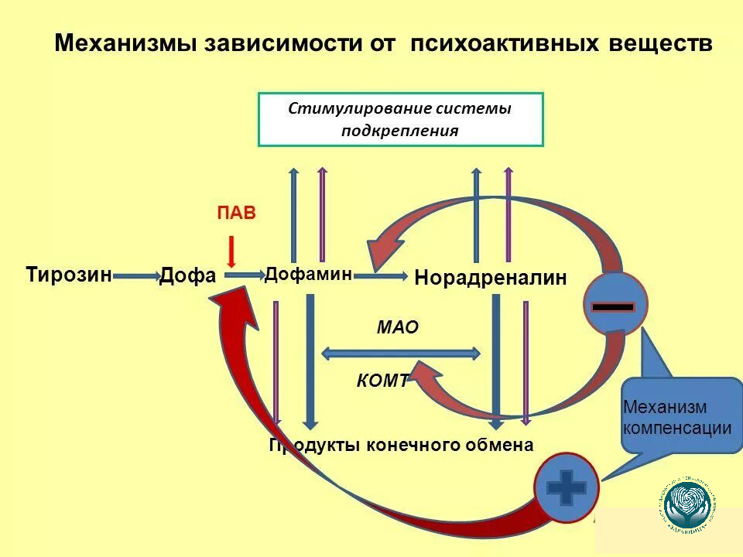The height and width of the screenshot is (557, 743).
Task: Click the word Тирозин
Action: tap(69, 275)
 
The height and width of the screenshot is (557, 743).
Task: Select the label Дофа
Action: tap(187, 275)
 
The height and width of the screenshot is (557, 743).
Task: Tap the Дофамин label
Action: tap(308, 274)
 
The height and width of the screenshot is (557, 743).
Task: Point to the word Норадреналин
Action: tap(491, 278)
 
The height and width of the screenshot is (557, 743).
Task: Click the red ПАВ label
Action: tap(235, 214)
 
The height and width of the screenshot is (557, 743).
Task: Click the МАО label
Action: tap(397, 327)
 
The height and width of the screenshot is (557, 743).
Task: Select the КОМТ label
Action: tap(382, 380)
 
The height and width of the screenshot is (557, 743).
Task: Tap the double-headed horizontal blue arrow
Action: tap(400, 354)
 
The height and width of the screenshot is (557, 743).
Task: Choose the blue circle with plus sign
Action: tap(567, 487)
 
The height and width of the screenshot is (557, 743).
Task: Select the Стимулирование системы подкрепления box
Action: tap(400, 119)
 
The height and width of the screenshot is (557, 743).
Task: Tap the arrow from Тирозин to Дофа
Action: tap(135, 275)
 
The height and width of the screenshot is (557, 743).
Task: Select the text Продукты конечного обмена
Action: tap(401, 445)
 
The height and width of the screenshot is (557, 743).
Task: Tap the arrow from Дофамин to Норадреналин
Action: tap(381, 275)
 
